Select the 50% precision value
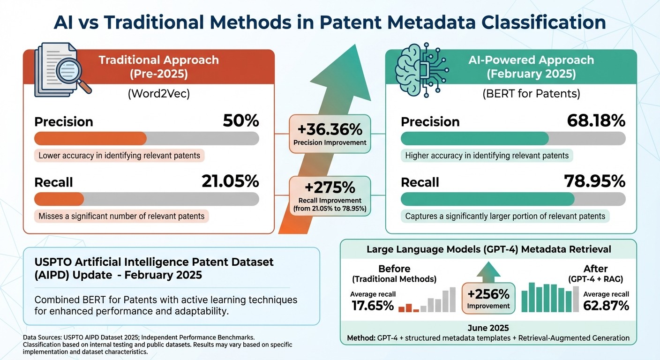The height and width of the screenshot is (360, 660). click(x=240, y=121)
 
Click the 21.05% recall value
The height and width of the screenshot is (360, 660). click(x=230, y=181)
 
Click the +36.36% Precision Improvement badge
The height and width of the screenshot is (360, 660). click(x=330, y=134)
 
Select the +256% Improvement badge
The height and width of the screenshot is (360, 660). click(x=489, y=298)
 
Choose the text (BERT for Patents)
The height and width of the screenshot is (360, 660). click(x=531, y=94)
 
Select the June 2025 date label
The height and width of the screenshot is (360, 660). click(x=488, y=328)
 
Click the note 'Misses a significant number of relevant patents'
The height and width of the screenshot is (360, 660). click(x=121, y=216)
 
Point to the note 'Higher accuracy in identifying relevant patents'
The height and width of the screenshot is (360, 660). click(x=487, y=156)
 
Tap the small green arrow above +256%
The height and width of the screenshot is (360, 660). click(x=489, y=270)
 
